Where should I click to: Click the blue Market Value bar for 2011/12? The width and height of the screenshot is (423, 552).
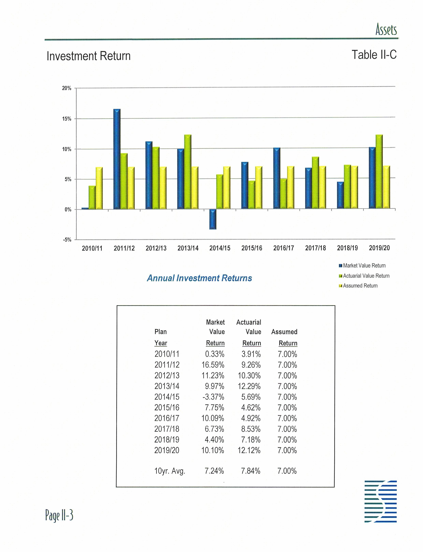[x=117, y=159]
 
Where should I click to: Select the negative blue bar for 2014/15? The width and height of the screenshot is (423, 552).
[x=213, y=219]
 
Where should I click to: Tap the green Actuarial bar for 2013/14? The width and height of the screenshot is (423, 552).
[x=188, y=172]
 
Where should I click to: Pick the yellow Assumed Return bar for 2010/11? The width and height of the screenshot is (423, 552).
[x=99, y=188]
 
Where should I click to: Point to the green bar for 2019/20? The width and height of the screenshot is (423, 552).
[x=379, y=172]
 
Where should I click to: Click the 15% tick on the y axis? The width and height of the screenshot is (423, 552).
[x=67, y=119]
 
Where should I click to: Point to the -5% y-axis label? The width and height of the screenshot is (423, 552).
[x=67, y=240]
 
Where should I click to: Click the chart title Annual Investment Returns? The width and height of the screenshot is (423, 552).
[x=199, y=278]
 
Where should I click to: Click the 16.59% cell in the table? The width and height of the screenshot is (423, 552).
[x=213, y=365]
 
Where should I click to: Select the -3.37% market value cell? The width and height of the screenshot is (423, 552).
[x=213, y=397]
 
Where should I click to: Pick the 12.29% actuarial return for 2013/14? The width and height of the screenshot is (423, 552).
[x=249, y=386]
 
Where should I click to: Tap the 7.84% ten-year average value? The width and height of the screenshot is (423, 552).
[x=250, y=471]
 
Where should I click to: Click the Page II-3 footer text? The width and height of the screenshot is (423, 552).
[x=59, y=515]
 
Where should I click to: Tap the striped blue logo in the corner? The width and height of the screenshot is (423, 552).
[x=381, y=501]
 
